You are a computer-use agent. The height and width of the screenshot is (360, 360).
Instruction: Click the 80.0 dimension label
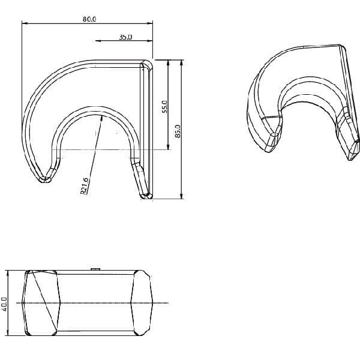coord(89,19)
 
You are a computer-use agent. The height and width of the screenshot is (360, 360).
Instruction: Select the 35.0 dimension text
coord(125,37)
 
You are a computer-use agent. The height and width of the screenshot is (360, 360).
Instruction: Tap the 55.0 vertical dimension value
coord(165,107)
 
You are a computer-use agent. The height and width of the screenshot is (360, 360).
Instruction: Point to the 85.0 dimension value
coord(178,131)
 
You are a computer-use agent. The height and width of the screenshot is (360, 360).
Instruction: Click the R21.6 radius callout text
coord(84,186)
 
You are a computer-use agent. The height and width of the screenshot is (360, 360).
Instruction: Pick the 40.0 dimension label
coord(4,304)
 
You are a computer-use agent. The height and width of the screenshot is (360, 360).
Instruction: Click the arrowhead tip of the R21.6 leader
coord(103,115)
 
